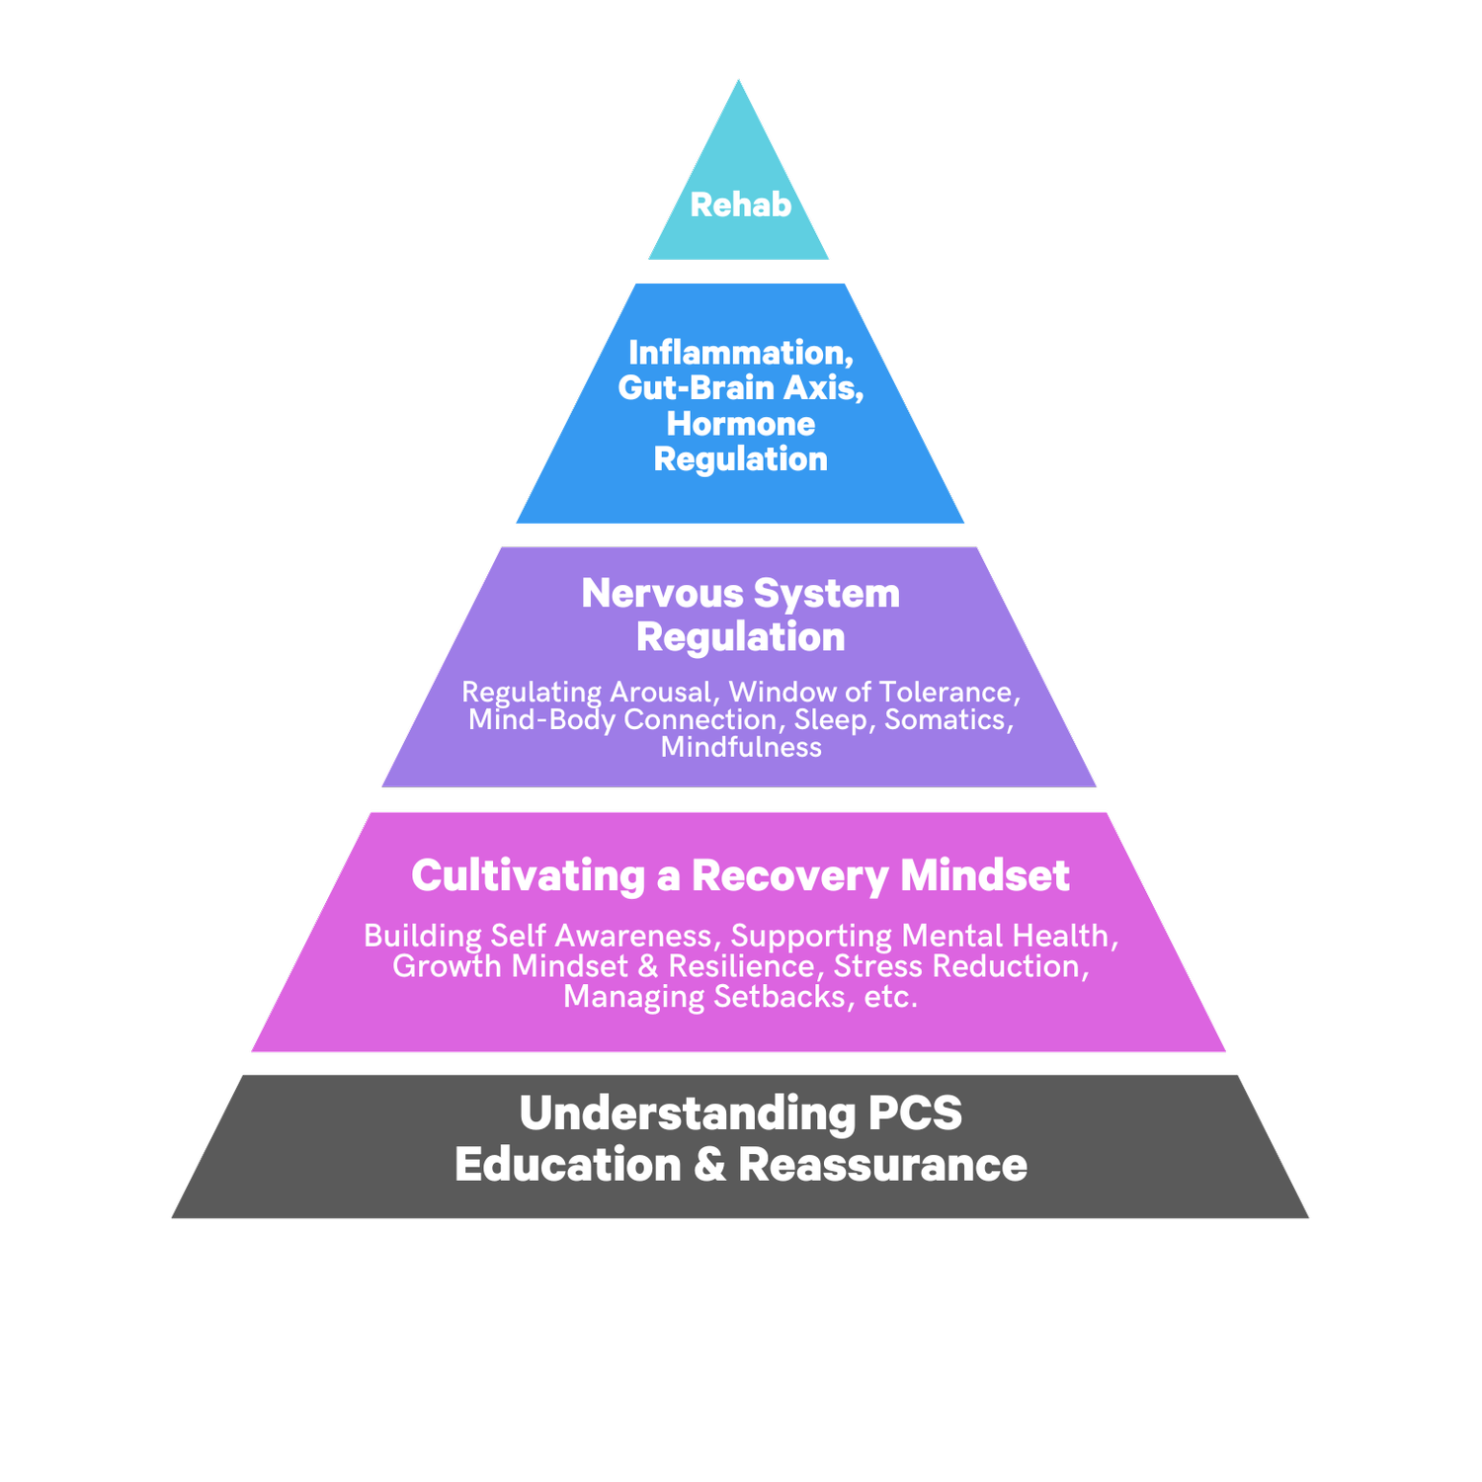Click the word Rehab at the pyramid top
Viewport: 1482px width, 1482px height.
point(740,205)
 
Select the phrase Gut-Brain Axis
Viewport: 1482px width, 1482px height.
point(740,387)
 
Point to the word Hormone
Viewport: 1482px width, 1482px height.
point(740,424)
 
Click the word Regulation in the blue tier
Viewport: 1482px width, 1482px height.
point(740,459)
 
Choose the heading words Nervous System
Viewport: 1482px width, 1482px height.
point(740,594)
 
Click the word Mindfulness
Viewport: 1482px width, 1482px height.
point(741,747)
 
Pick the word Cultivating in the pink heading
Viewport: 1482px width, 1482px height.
point(528,876)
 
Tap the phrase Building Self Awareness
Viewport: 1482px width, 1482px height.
point(538,936)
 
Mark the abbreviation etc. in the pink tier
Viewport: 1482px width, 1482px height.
point(891,997)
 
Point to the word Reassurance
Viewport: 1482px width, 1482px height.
point(882,1165)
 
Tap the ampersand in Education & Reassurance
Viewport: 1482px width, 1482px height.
point(709,1165)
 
